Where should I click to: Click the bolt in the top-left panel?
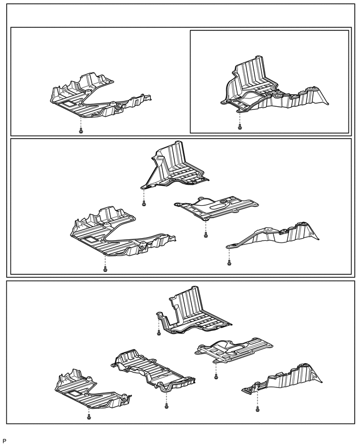click(81, 130)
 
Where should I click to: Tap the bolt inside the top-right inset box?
click(240, 127)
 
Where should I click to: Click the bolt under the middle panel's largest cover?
click(105, 269)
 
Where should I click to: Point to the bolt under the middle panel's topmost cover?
click(144, 205)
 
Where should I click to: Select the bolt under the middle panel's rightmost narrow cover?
click(229, 262)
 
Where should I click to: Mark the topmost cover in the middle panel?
click(173, 165)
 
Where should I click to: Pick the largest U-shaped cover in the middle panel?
click(115, 233)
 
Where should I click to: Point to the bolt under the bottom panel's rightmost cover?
click(257, 409)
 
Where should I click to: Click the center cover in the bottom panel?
click(152, 372)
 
